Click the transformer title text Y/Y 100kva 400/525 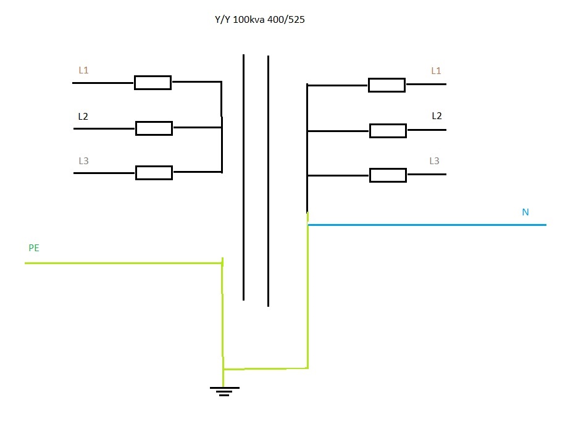point(260,20)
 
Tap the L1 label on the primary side point(84,70)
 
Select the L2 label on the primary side point(83,116)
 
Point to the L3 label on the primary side point(84,160)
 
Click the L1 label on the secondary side point(436,71)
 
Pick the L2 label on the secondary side point(437,115)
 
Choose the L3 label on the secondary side point(434,160)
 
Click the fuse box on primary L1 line point(153,83)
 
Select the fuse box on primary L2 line point(154,128)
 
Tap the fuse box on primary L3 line point(154,173)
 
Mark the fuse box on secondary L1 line point(387,85)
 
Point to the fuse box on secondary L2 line point(388,131)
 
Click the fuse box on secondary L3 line point(388,175)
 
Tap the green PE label point(34,247)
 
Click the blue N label point(525,212)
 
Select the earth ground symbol point(225,391)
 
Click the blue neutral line point(427,225)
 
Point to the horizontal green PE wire point(123,264)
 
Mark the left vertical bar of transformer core point(243,177)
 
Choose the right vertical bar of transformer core point(268,181)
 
